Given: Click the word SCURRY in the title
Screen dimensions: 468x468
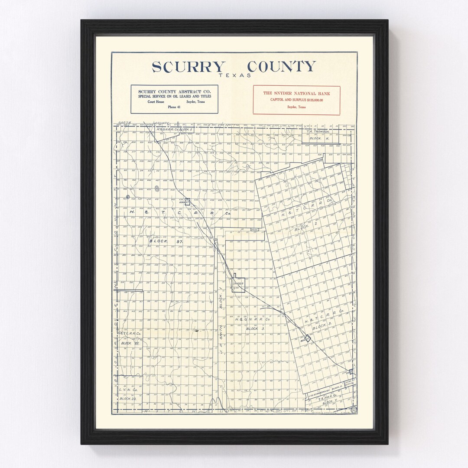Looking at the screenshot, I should coord(188,67).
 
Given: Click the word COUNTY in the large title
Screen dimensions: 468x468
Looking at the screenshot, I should coord(281,67).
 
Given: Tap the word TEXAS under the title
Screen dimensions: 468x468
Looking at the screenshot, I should coord(235,75).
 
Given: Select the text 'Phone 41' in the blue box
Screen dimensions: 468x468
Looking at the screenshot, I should coord(174,107).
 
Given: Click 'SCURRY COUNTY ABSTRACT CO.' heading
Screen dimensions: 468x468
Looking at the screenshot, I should coord(174,91).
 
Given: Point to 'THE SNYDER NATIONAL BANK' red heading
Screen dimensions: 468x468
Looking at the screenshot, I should coord(296,93).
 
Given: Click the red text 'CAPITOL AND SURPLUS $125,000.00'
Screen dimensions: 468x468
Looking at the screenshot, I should coord(296,100).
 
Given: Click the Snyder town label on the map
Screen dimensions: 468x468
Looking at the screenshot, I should coord(238,284).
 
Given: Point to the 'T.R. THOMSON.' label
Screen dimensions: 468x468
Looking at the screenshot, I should coord(318,131).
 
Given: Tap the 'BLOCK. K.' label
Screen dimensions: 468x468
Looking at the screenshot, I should coord(321,139).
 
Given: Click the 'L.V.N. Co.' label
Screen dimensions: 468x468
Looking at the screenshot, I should coord(127,390).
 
